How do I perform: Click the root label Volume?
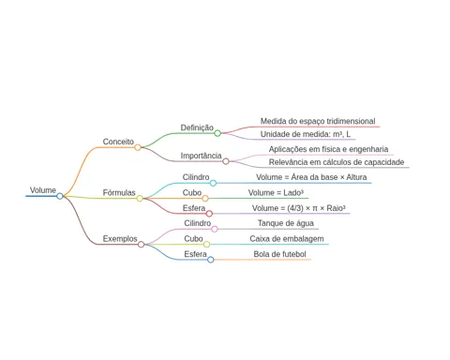(x=43, y=190)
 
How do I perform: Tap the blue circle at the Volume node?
(x=60, y=196)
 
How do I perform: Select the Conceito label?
(x=118, y=142)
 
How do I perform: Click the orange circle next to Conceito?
(x=138, y=147)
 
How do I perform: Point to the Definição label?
(x=197, y=127)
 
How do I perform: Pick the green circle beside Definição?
(x=217, y=133)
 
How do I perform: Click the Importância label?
(x=201, y=156)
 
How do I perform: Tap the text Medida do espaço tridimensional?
(x=318, y=121)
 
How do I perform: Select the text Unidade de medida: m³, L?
(x=306, y=134)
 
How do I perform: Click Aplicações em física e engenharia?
(x=328, y=149)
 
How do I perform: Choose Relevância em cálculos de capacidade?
(x=337, y=162)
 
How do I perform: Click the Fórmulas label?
(x=119, y=192)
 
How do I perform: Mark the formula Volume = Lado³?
(x=276, y=193)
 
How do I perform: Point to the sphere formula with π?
(x=299, y=208)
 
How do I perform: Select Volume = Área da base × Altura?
(x=311, y=177)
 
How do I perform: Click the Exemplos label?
(x=120, y=239)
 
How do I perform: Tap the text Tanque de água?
(x=286, y=223)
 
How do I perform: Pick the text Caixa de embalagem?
(x=287, y=239)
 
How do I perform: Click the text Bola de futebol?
(x=279, y=254)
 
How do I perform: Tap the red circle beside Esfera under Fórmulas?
(x=209, y=214)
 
